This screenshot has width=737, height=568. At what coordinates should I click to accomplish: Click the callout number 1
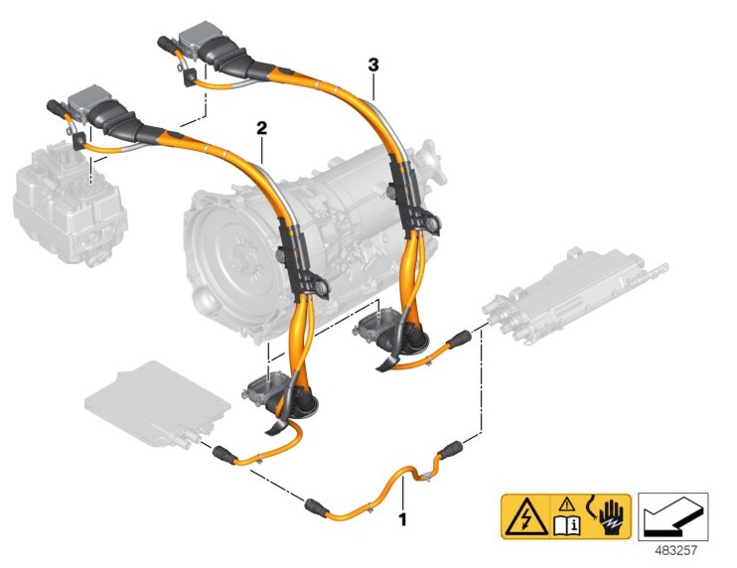(402, 518)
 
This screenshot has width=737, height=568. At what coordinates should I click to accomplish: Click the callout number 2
(262, 128)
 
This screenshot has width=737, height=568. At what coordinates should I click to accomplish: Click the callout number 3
(373, 65)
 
